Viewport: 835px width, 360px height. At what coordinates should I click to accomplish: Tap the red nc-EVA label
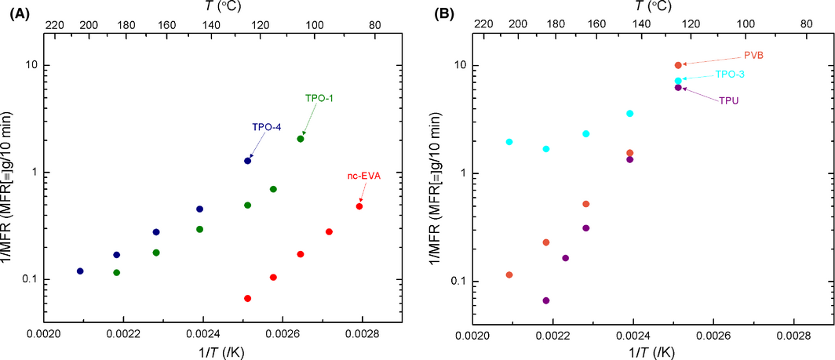[363, 176]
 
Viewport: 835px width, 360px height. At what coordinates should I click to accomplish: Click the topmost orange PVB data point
[678, 65]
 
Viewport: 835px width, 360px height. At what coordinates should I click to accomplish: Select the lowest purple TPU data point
[546, 300]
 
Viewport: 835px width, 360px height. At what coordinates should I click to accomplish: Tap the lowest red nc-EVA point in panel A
[248, 298]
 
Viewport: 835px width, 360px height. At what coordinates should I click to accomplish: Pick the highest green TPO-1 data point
[301, 139]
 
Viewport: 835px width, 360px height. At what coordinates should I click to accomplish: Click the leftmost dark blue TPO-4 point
[80, 271]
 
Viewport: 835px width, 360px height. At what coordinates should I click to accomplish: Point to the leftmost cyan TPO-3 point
[509, 142]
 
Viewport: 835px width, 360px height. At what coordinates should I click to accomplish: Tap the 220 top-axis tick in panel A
[55, 25]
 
